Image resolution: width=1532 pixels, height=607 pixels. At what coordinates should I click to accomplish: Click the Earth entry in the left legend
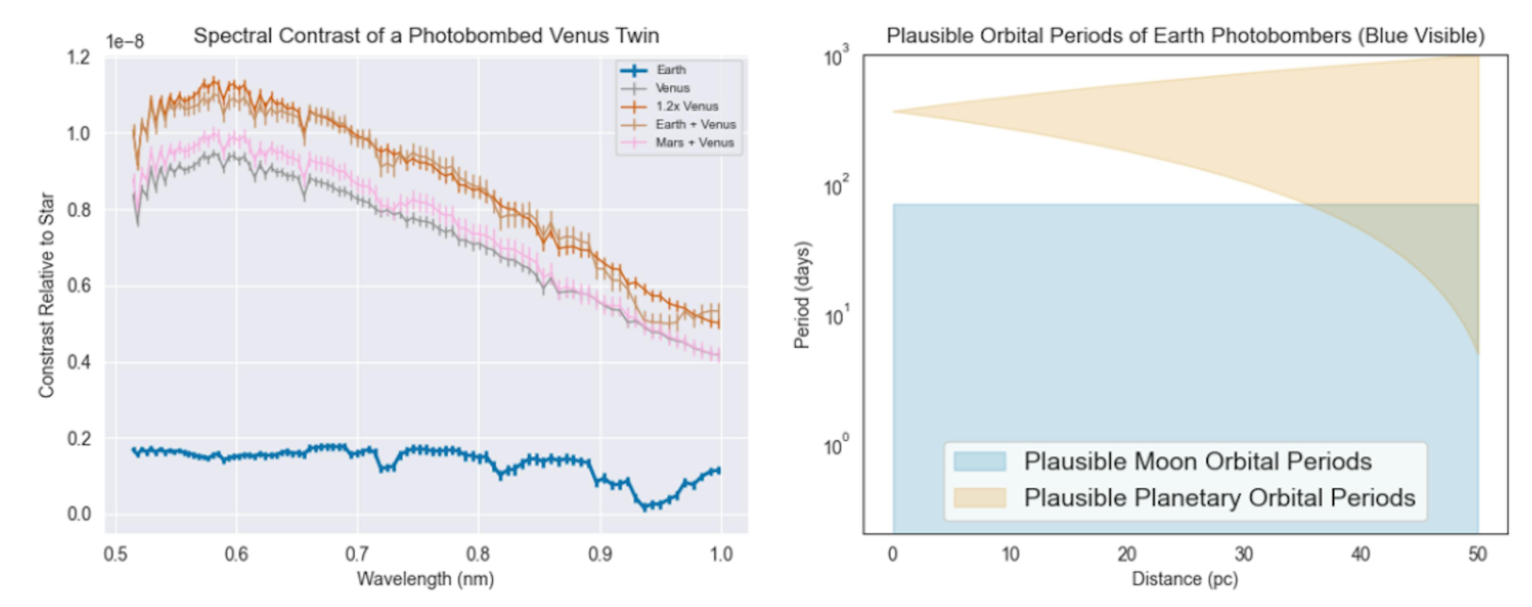point(671,70)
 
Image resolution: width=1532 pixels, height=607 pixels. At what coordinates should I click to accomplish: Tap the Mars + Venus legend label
point(694,143)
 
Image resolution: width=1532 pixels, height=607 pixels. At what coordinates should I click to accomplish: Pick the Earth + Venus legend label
point(695,124)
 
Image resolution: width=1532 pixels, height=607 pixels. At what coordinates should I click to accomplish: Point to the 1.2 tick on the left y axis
point(79,58)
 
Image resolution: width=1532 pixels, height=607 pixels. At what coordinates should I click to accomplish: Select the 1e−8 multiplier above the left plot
point(125,41)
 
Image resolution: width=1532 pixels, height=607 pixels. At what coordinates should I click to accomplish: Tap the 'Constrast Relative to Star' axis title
point(46,296)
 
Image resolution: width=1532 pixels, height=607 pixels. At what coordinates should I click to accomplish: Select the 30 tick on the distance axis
point(1244,554)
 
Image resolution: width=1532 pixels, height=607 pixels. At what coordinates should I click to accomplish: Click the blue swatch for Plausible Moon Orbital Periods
point(979,461)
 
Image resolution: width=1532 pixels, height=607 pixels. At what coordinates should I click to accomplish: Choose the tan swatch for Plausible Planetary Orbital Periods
point(979,498)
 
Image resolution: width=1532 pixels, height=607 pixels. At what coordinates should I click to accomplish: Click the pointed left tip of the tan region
point(894,112)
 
